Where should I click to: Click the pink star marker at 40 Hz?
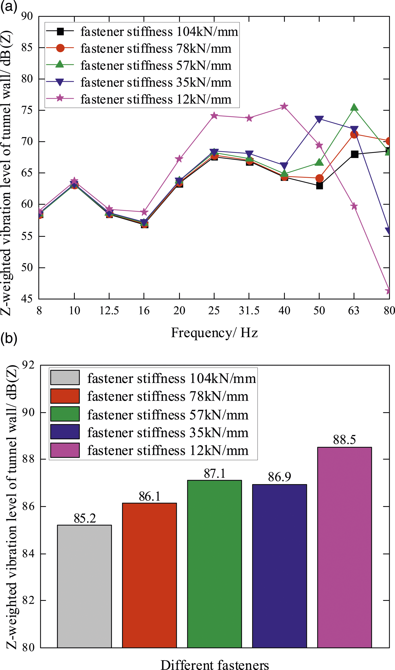point(284,106)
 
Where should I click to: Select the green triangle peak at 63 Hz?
point(354,108)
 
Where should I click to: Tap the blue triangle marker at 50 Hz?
point(319,119)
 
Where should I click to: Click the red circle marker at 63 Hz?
point(354,135)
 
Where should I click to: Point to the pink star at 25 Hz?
point(214,115)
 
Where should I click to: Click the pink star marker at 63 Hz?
point(354,206)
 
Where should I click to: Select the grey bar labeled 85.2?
point(84,586)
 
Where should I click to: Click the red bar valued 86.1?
point(149,575)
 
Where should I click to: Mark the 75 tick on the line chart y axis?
point(27,110)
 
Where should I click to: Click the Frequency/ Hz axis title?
point(214,333)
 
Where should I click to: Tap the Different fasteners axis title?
point(215,665)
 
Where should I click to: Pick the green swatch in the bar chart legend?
point(65,414)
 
